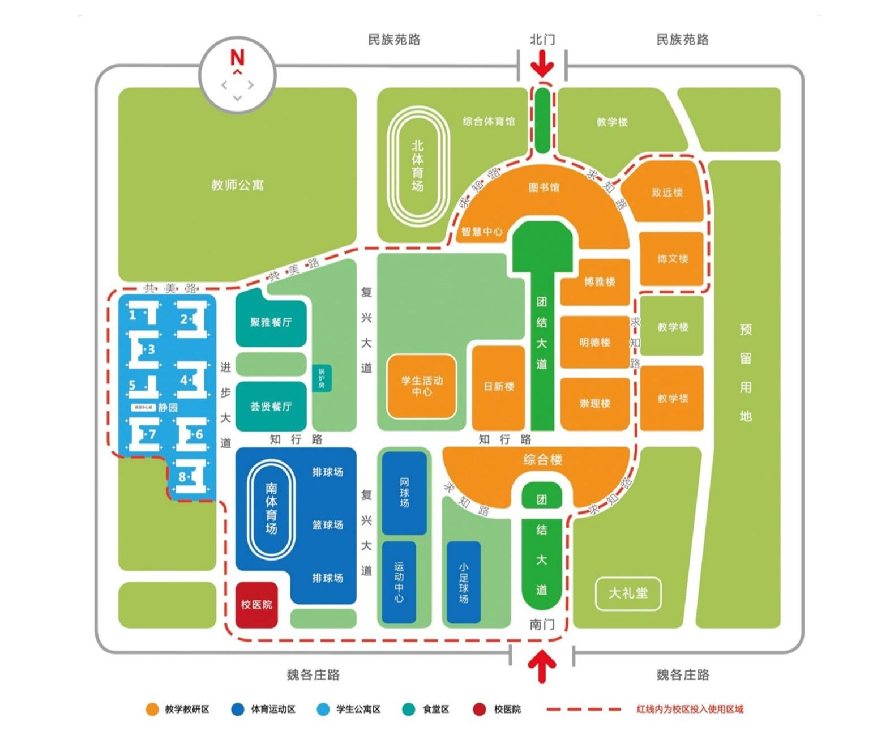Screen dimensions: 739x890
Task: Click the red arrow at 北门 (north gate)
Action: tap(542, 63)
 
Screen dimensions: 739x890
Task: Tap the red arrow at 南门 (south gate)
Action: tap(542, 666)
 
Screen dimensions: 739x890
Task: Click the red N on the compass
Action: tap(237, 57)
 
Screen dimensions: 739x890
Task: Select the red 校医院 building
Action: tap(256, 605)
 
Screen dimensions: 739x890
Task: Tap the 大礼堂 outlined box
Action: tap(628, 593)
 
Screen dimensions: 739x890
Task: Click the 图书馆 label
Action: tap(544, 187)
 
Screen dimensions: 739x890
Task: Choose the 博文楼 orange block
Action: tap(671, 259)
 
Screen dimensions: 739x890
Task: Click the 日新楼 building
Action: tap(499, 387)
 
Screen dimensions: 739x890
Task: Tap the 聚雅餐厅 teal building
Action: tap(271, 322)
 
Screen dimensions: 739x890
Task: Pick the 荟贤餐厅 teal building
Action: tap(271, 406)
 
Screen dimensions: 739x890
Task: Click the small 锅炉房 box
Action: tap(322, 378)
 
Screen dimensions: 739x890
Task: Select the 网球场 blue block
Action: tap(404, 492)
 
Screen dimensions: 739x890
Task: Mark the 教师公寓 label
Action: tap(237, 185)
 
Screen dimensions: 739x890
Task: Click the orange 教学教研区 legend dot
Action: tap(152, 710)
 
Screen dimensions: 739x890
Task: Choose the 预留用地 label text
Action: tap(745, 373)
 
